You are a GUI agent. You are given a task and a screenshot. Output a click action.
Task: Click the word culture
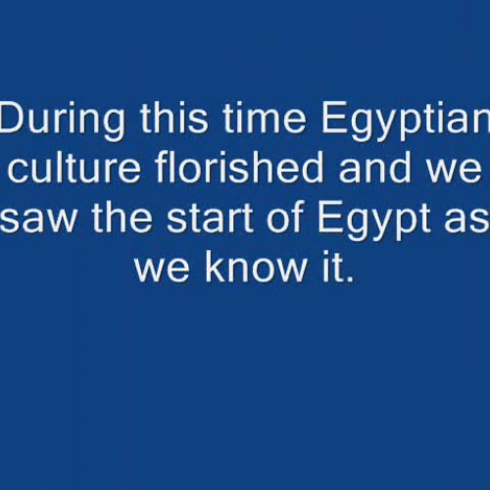click(77, 169)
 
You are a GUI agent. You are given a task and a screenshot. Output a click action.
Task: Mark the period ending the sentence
click(348, 278)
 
